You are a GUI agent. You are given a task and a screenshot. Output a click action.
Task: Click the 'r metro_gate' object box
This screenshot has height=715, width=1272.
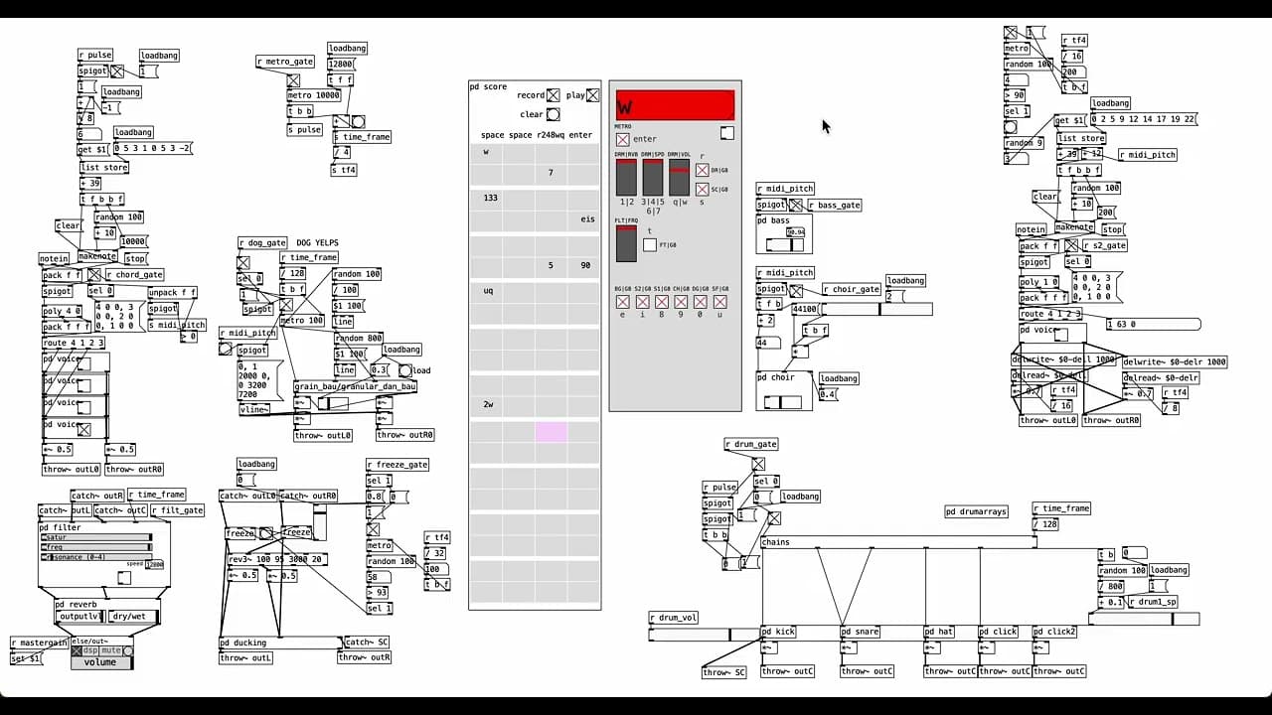(285, 62)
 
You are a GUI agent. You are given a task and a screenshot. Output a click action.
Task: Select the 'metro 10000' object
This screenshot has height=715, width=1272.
(313, 95)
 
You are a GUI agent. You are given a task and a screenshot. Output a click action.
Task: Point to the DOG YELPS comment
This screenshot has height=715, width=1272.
(317, 242)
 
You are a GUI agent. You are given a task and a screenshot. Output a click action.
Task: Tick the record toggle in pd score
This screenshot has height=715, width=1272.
(553, 95)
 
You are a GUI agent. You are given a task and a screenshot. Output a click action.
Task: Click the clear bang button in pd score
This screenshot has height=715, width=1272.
(553, 114)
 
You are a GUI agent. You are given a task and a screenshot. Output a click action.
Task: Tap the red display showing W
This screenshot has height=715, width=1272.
(675, 105)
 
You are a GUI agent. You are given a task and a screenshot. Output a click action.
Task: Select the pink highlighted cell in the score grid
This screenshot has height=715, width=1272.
(551, 431)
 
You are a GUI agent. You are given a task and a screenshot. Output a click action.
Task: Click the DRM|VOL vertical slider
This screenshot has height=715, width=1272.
(679, 178)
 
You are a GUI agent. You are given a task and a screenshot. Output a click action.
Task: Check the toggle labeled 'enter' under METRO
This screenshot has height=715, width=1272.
(622, 139)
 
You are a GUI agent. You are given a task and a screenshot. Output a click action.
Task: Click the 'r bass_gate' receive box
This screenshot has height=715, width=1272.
(834, 205)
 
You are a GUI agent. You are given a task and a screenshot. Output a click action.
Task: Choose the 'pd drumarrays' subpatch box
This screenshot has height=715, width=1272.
(976, 511)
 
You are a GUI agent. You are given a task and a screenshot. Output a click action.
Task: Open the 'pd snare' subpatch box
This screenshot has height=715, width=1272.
(861, 632)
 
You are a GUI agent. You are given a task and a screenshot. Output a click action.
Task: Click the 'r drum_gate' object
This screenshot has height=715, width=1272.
(751, 444)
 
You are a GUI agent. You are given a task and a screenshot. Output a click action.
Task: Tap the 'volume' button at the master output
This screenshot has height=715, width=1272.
(100, 662)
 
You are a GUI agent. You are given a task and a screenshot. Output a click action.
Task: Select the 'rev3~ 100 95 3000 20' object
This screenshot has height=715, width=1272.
(277, 559)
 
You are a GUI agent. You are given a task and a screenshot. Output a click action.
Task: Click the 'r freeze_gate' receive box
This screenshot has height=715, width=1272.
(397, 464)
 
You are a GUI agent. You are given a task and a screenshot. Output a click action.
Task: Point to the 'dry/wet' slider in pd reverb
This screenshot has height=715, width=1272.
(132, 617)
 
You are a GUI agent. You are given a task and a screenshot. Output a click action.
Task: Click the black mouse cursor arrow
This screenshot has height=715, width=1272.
(825, 125)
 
